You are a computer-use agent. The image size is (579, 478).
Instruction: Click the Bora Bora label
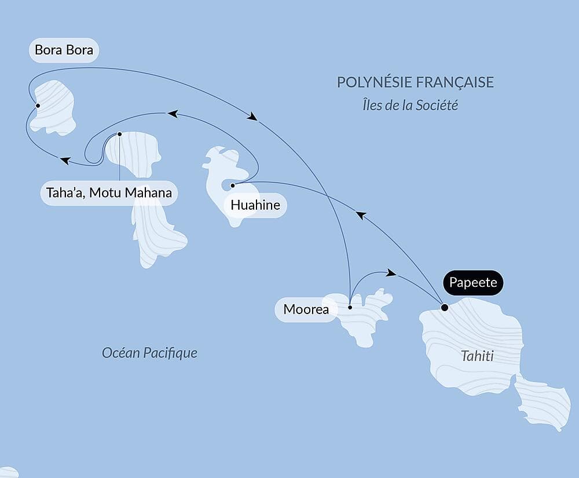coord(64,50)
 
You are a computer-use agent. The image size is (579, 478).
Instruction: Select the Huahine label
coord(255,205)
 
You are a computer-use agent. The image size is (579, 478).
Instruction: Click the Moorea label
coord(306,309)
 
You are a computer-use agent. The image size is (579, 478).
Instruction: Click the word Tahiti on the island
coord(477,356)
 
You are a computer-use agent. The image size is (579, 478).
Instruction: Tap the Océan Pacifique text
coord(149,352)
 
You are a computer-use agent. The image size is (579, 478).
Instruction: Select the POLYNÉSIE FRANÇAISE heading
coord(415,82)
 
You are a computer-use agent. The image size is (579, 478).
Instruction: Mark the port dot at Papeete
coord(444,308)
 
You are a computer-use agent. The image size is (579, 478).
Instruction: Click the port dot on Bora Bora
coord(38,105)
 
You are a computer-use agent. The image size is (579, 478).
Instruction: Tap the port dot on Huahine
coord(232,185)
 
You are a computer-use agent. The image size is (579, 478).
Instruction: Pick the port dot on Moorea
coord(350,308)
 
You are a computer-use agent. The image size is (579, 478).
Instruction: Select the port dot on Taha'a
coord(119,134)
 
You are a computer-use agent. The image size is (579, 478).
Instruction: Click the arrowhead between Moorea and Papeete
coord(391,272)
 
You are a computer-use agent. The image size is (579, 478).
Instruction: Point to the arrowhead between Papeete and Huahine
coord(361,215)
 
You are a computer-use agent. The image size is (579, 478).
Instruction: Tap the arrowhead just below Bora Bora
coord(65,160)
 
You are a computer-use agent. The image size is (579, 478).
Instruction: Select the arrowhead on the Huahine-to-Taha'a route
coord(172,114)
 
